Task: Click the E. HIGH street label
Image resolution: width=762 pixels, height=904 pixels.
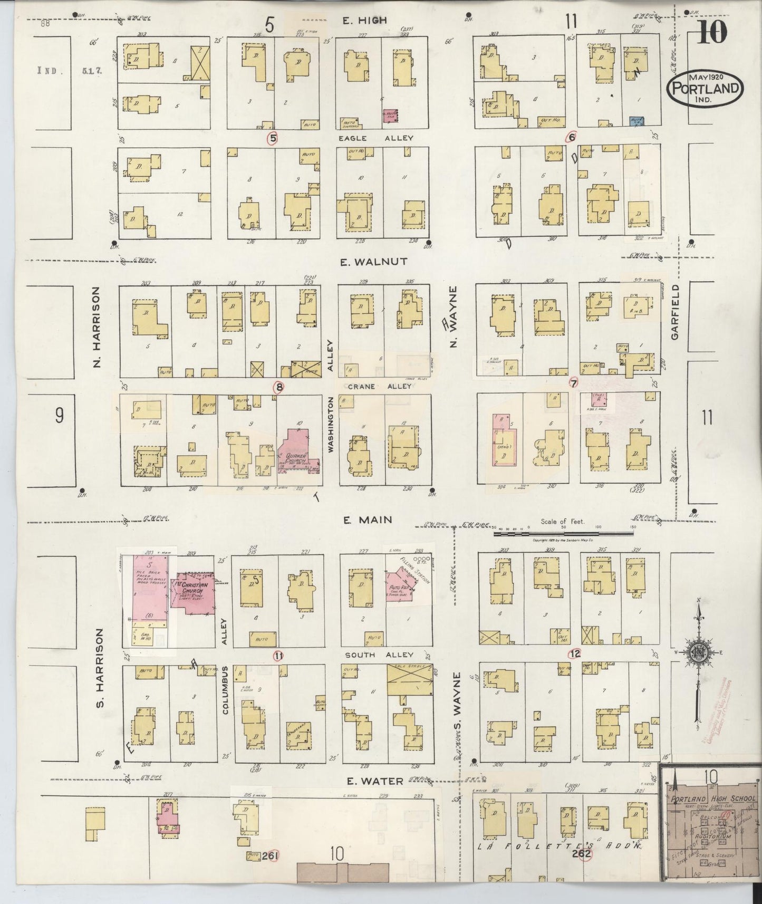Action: point(364,21)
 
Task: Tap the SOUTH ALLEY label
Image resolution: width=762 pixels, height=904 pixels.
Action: point(378,655)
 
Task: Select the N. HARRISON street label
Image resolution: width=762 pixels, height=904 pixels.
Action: point(97,327)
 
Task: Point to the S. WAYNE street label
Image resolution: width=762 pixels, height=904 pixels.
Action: point(458,696)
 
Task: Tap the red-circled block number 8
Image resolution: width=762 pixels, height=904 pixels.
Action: point(278,387)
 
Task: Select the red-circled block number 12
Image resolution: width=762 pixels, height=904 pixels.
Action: point(575,653)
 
